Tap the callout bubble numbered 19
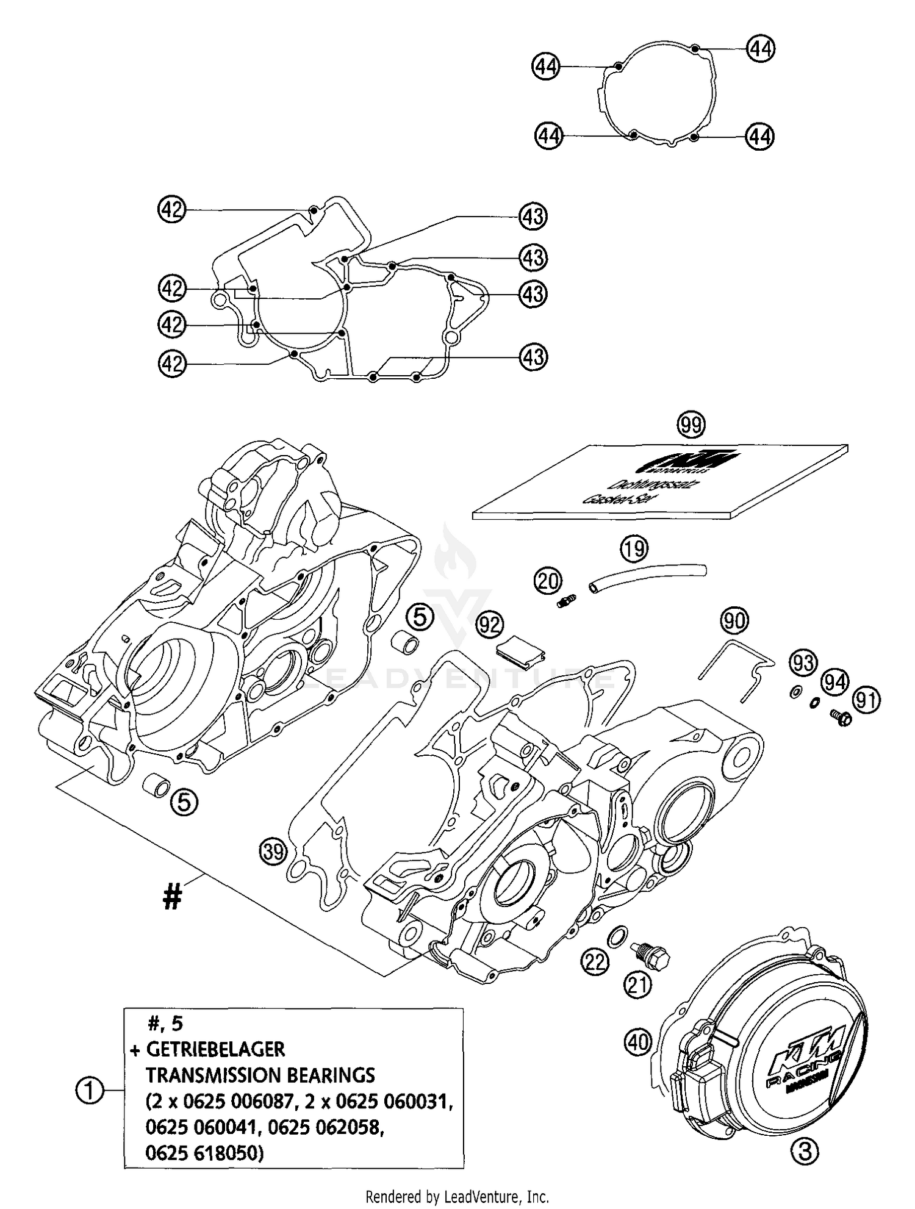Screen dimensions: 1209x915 click(x=634, y=549)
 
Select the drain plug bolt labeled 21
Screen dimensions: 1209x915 click(x=652, y=958)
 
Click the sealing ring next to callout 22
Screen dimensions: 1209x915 click(x=617, y=934)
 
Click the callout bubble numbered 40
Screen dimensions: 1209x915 click(x=638, y=1042)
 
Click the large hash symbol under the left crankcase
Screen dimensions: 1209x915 click(x=173, y=897)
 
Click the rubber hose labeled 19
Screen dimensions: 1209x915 click(x=647, y=576)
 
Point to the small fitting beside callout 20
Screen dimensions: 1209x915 click(x=566, y=601)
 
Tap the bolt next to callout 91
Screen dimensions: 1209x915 click(x=840, y=719)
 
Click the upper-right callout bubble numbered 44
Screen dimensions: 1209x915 click(x=760, y=48)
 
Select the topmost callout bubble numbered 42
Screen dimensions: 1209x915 click(x=171, y=209)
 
